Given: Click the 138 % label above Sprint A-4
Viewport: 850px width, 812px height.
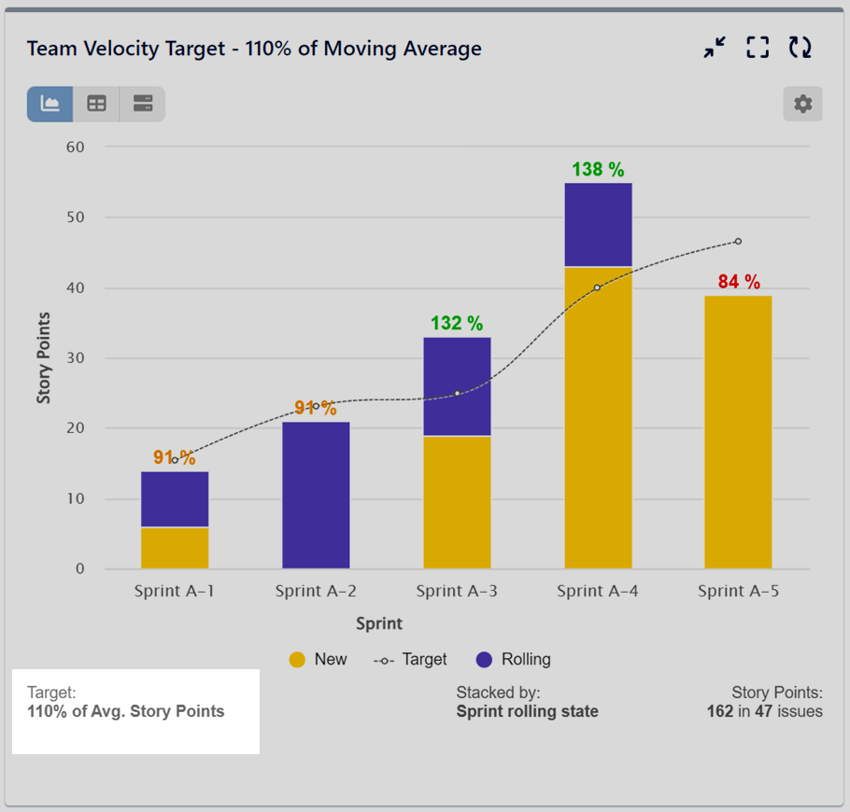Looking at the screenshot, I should [598, 170].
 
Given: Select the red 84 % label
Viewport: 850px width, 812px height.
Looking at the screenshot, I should [739, 282].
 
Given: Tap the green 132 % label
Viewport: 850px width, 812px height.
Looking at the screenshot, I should [457, 324].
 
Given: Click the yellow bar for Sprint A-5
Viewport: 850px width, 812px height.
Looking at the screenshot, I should [738, 432].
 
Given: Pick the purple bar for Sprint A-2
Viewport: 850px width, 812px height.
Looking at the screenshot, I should [316, 495].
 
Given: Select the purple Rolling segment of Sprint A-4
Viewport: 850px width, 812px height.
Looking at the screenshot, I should [598, 224].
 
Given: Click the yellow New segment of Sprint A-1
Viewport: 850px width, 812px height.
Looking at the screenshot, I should [175, 548].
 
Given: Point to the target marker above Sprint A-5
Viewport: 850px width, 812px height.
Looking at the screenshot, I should [738, 242].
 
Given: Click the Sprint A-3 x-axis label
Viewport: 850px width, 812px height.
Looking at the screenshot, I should [457, 591].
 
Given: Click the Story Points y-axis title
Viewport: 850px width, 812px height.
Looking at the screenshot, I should [44, 358].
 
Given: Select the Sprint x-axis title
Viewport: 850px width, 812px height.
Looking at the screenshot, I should [378, 623].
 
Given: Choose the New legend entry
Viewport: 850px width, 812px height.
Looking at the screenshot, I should [318, 659].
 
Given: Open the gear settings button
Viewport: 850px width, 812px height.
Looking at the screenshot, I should [802, 104].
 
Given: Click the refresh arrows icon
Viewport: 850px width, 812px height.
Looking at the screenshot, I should [800, 49].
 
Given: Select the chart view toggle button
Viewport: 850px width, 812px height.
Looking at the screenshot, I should [50, 104].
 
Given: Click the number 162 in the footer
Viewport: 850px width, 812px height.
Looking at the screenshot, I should [720, 711].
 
